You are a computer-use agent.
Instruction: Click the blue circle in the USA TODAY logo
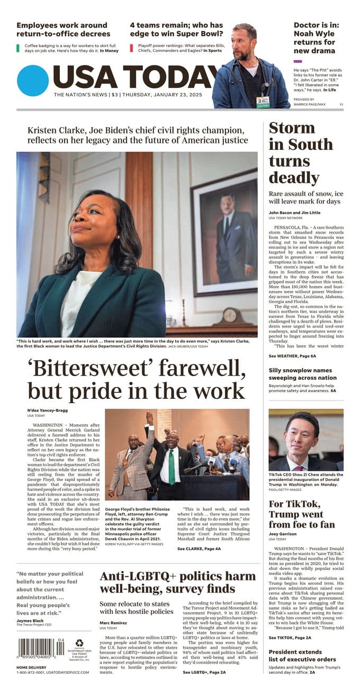point(33,81)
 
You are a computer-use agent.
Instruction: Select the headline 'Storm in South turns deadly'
point(301,153)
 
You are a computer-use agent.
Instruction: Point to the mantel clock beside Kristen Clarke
point(227,316)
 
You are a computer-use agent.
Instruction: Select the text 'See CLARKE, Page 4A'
point(199,549)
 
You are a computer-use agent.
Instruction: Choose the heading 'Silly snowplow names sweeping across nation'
point(302,374)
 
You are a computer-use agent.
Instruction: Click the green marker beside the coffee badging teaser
point(19,48)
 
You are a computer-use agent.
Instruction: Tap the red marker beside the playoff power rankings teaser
point(132,48)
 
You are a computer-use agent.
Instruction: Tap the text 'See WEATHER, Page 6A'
point(292,356)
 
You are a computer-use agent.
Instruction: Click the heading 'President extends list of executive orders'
point(302,656)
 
